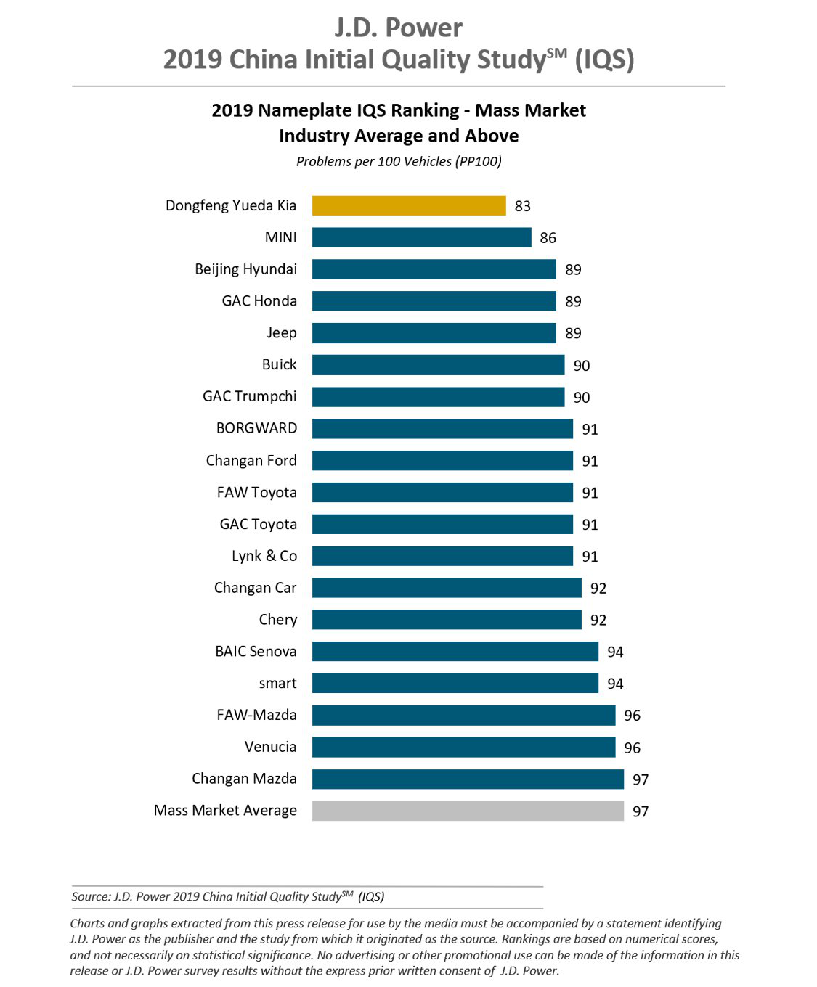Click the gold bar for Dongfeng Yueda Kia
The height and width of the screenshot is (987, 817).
pos(409,205)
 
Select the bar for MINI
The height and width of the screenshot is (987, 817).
pos(421,237)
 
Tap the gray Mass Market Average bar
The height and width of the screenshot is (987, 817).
pos(468,811)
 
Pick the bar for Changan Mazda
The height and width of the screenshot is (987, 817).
pos(468,779)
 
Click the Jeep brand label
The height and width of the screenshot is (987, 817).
pos(281,332)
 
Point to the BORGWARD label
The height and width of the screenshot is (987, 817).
pos(256,428)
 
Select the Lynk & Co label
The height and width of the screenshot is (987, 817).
pos(264,556)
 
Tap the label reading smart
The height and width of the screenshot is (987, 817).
pos(277,683)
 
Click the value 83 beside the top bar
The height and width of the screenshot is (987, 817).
pos(523,206)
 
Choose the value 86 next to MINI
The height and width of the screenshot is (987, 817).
pos(548,238)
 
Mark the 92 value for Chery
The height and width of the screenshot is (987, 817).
pos(598,620)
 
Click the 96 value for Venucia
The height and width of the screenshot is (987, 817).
pos(633,748)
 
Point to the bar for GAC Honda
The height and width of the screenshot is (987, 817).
pos(434,300)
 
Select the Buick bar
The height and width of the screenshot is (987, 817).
pos(438,364)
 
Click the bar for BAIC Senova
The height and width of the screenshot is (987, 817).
pos(455,651)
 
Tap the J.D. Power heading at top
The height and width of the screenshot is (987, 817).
pos(398,28)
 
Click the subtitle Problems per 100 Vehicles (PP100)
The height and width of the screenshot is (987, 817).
pos(399,161)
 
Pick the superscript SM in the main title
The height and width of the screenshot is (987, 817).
pos(557,52)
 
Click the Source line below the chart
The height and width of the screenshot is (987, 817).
pos(227,896)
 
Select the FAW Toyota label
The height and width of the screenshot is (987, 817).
pos(256,492)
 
